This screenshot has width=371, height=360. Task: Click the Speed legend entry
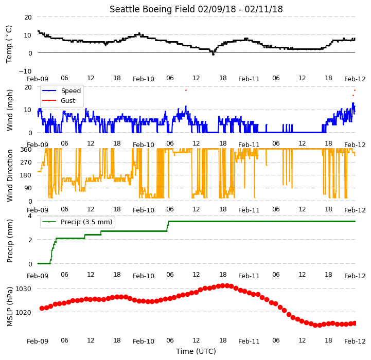coord(62,91)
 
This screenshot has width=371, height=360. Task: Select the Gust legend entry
coord(59,100)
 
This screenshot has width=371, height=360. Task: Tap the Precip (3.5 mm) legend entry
coord(77,222)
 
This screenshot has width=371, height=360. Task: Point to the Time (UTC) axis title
coord(196,351)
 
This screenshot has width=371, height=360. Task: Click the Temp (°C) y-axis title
coord(9,44)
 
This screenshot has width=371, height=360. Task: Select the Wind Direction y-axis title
coord(10,176)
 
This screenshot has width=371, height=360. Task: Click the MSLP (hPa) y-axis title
coord(10,307)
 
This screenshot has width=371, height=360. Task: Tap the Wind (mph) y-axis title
coord(10,110)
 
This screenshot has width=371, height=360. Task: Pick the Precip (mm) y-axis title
coord(10,241)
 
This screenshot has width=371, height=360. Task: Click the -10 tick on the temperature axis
coord(25,71)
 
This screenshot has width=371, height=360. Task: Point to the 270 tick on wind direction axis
coord(26,163)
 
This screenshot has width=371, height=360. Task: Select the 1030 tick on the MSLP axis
coord(24,289)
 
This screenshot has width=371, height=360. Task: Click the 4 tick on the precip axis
coord(29,215)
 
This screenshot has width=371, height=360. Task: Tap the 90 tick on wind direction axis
coord(28,188)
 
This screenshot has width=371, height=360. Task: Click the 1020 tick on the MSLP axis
coord(24,312)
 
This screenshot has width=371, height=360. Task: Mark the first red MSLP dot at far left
coord(42,308)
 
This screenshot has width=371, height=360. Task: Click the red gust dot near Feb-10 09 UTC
coord(186,91)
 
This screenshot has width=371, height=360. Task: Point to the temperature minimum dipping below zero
coord(213,54)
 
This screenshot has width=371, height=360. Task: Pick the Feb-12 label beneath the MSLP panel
coord(355,341)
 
